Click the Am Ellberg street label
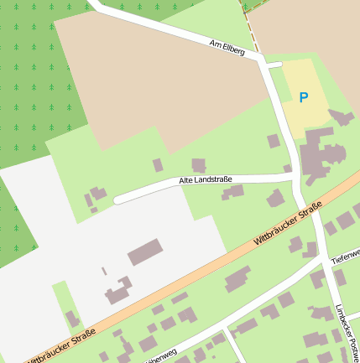(x=227, y=46)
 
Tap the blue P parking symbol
(x=304, y=97)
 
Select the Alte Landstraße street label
(x=205, y=179)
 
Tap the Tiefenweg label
(x=346, y=255)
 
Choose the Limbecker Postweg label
(x=347, y=330)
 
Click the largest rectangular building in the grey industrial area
(x=144, y=252)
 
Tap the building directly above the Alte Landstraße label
(x=199, y=165)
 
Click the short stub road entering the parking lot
(x=275, y=64)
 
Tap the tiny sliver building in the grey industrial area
(x=104, y=272)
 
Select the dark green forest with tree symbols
(x=34, y=67)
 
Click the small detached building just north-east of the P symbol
(x=341, y=117)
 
